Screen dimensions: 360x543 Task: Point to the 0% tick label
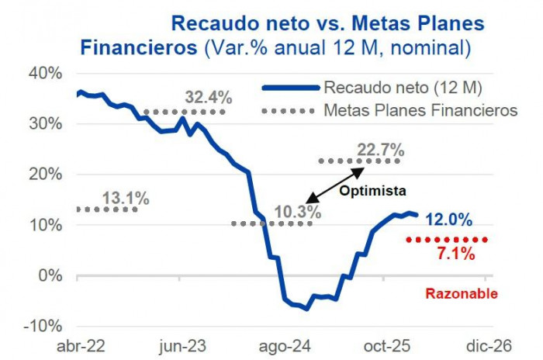50,275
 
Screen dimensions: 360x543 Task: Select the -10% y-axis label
44,326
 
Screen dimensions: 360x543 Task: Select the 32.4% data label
209,98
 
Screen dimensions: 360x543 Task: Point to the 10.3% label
298,211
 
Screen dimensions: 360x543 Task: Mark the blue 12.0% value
448,220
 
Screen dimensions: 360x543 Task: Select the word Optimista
373,189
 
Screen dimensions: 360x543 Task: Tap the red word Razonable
462,293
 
